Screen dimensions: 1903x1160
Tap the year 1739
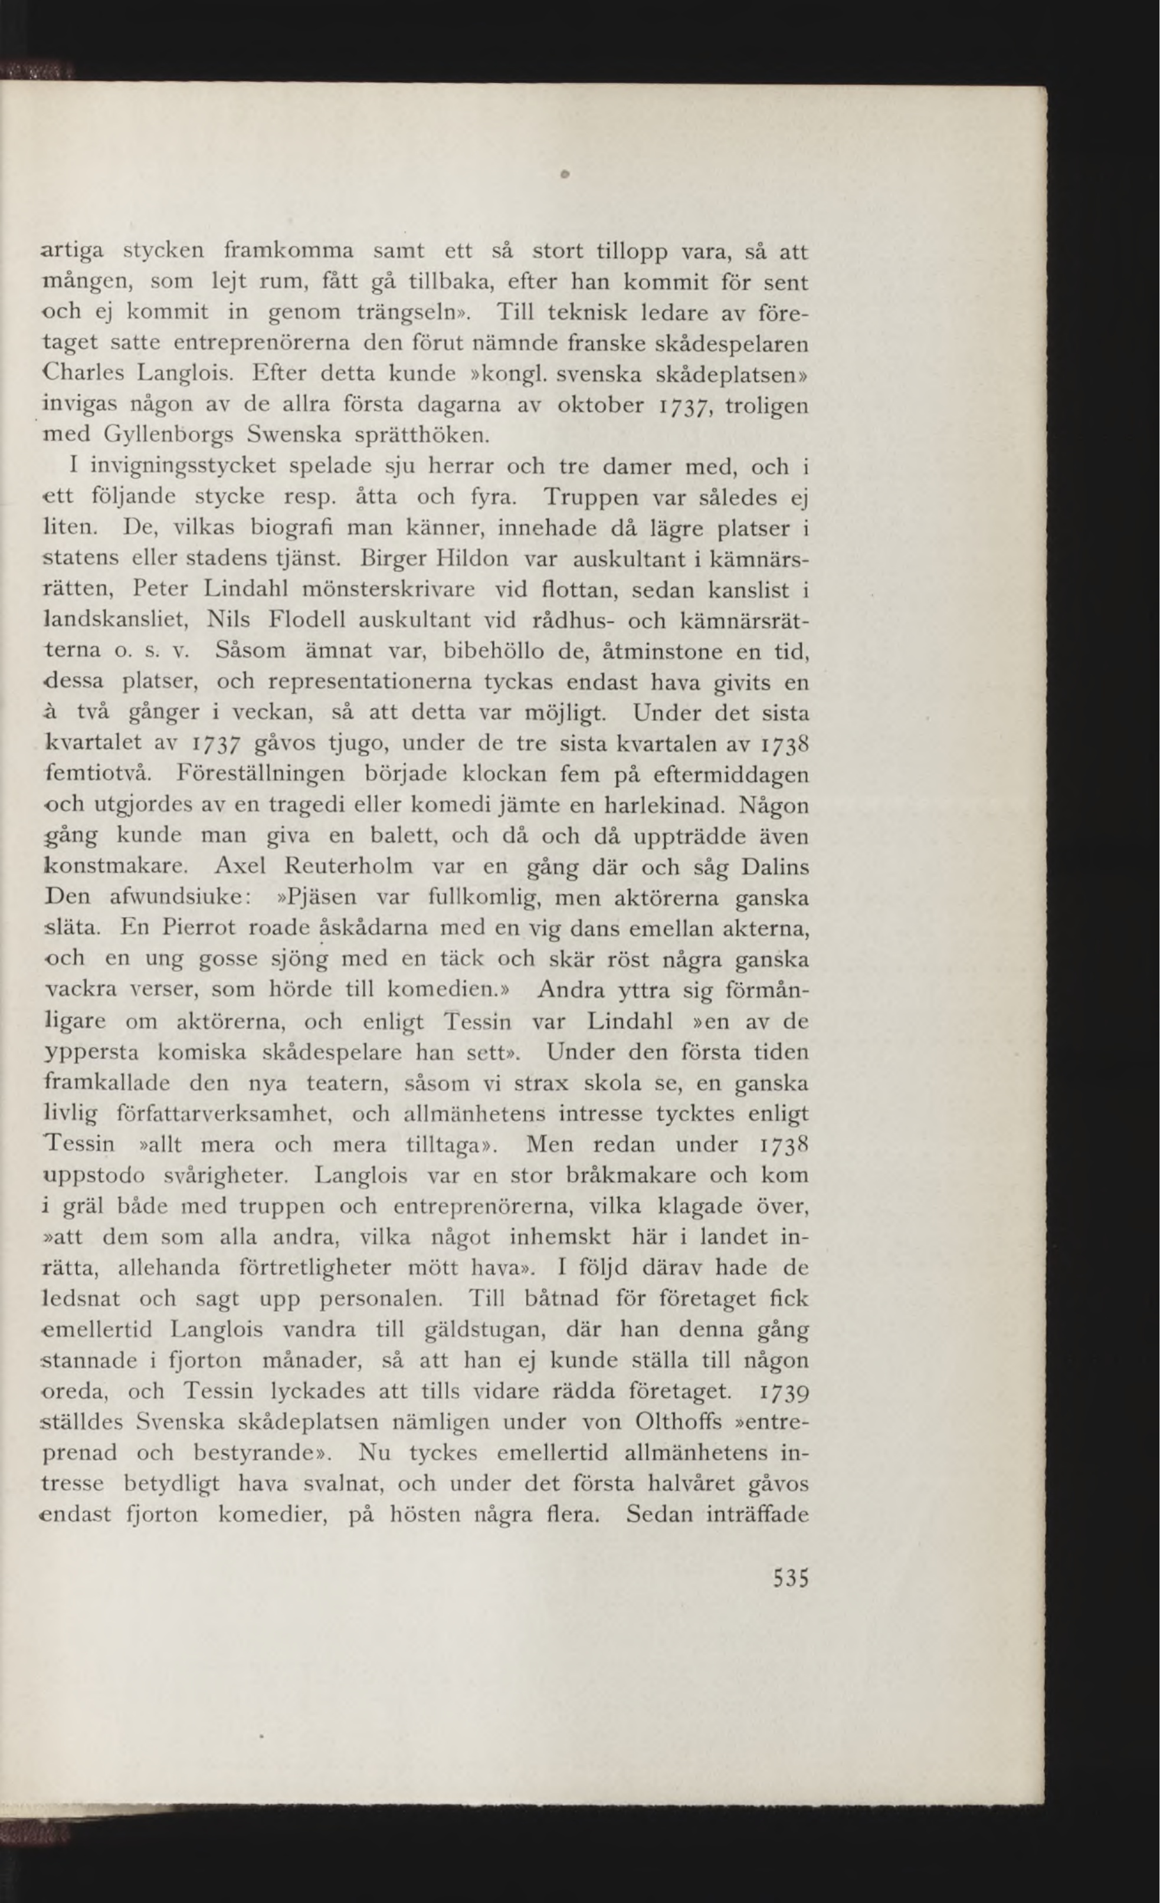783,1392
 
